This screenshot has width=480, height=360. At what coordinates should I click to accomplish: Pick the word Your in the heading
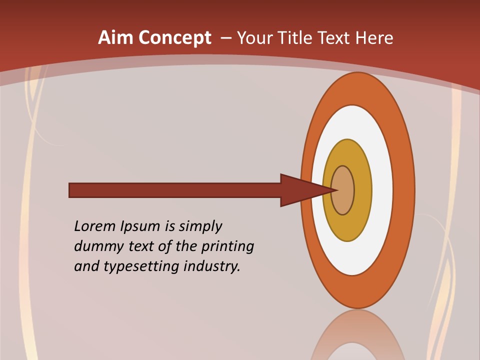pyautogui.click(x=254, y=38)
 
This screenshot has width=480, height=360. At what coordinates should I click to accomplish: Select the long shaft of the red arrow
pyautogui.click(x=175, y=190)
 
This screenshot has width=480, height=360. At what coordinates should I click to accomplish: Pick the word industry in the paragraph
pyautogui.click(x=212, y=266)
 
